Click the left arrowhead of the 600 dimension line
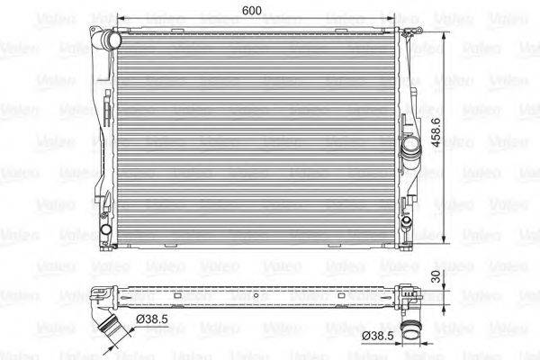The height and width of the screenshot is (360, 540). tap(121, 17)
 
